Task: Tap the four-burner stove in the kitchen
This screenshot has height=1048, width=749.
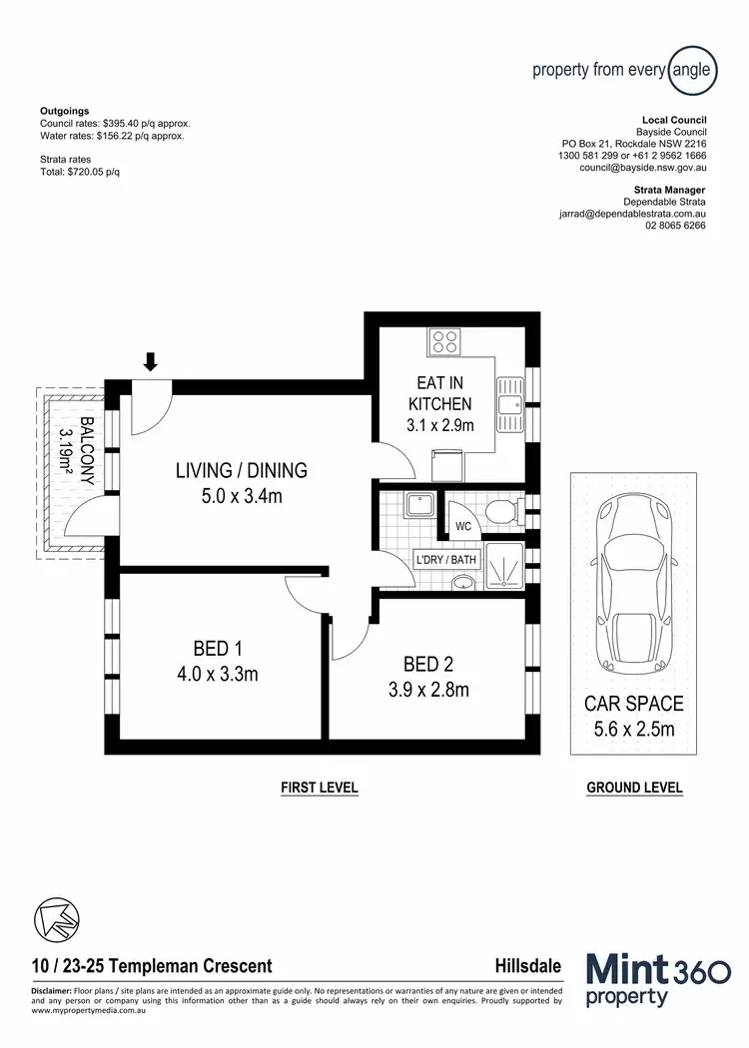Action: coord(445,342)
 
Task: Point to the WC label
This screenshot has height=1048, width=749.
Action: coord(463,525)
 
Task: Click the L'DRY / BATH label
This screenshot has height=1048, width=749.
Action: coord(446,561)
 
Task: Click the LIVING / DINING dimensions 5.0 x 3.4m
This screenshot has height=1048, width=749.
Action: coord(241,494)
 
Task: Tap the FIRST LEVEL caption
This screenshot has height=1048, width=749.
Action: coord(319,787)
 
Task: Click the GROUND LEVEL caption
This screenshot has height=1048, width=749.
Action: coord(634,787)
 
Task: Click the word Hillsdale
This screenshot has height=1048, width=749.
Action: coord(527,966)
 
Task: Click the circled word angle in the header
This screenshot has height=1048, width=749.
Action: coord(690,70)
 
